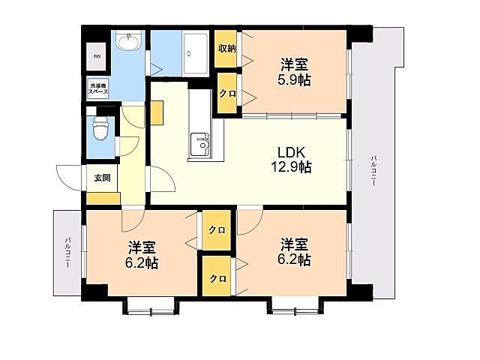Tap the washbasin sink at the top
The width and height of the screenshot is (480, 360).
[128, 41]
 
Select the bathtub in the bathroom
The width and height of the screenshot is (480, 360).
[197, 52]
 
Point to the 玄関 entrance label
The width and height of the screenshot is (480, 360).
[103, 178]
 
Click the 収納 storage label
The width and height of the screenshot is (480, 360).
[226, 48]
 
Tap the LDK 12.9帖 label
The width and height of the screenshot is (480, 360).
[291, 158]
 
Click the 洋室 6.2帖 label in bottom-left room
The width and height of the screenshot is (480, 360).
[141, 254]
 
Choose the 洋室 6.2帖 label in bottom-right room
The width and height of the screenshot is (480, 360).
[295, 252]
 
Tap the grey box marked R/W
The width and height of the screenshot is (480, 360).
[97, 55]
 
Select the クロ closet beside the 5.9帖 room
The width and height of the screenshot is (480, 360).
[227, 93]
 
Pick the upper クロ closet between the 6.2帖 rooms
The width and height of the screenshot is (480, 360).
[217, 230]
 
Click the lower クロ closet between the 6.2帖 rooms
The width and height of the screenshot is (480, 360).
[217, 278]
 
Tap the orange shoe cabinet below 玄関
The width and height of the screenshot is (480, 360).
[103, 199]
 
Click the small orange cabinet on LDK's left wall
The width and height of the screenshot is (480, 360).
[157, 110]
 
